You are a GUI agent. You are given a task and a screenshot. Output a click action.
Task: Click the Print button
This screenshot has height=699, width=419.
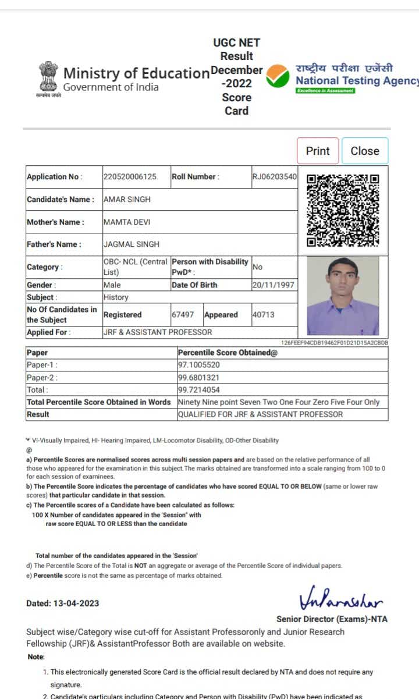[x=318, y=151]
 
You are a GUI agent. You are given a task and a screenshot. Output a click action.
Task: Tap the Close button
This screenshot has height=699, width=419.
[x=365, y=151]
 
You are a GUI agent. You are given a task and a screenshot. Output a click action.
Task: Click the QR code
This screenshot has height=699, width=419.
[x=343, y=210]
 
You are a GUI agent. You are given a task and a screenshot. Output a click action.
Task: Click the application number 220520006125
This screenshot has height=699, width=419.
[x=130, y=177]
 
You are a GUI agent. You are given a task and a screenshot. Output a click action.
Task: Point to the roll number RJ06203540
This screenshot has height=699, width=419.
[x=274, y=177]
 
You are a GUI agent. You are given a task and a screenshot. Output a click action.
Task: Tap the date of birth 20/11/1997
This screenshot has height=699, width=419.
[x=274, y=285]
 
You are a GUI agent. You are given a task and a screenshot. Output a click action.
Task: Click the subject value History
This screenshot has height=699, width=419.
[x=116, y=297]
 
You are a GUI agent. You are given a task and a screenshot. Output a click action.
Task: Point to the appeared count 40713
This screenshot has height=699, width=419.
[x=263, y=314]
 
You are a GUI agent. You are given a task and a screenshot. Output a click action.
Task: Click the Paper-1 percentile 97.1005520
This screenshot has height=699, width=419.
[x=199, y=365]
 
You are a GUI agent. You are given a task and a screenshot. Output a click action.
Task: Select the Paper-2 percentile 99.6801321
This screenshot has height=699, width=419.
[x=199, y=377]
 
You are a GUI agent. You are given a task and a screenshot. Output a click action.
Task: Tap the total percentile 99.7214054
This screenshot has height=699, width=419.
[x=199, y=389]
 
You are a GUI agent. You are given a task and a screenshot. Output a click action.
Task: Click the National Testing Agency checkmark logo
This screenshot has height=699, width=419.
[x=278, y=76]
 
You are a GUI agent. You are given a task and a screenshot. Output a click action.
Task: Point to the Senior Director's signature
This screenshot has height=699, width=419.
[x=340, y=599]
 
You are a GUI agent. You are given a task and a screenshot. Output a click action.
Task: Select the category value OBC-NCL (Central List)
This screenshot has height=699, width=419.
[x=135, y=267]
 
